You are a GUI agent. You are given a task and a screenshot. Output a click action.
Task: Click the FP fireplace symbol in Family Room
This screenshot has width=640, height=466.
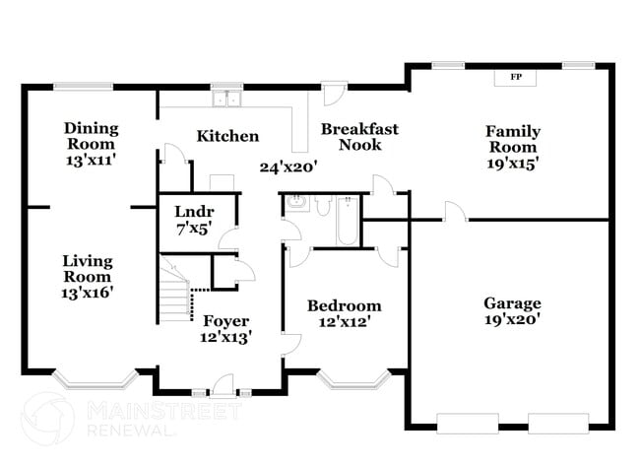point(516,76)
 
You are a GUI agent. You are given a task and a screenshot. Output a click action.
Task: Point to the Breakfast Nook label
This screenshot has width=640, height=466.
point(359,137)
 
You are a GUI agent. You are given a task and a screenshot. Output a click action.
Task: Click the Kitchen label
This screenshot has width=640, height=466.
point(227,136)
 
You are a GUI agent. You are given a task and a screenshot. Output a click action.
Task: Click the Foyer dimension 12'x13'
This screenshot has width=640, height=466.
point(226,337)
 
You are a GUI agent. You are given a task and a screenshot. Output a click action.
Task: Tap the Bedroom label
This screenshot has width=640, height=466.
point(344,305)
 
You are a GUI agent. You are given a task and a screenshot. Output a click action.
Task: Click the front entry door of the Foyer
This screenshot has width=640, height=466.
point(224,384)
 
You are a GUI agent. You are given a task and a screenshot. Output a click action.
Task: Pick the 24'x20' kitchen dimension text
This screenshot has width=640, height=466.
point(288,167)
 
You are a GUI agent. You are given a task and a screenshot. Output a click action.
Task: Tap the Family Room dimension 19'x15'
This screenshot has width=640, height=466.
point(512,163)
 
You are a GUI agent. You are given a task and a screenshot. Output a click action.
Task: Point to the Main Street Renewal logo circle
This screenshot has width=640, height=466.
point(46,419)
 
